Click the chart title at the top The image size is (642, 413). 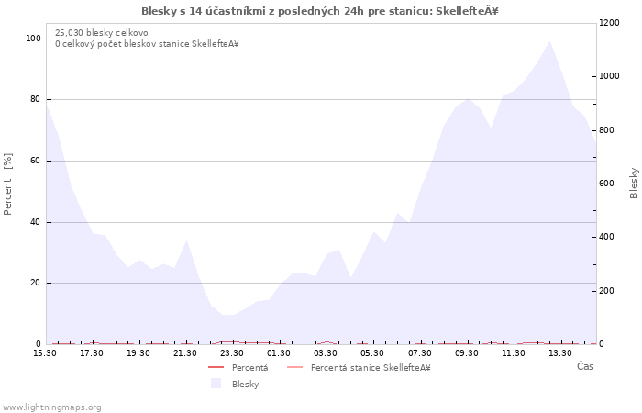[x=320, y=11]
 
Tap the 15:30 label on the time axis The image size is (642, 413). [x=45, y=352]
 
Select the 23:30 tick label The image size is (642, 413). [x=232, y=352]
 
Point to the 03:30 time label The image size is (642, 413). [x=326, y=352]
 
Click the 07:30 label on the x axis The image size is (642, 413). [x=420, y=352]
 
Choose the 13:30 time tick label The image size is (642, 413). [x=560, y=352]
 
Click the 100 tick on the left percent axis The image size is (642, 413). [x=34, y=39]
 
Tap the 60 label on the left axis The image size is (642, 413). [x=36, y=161]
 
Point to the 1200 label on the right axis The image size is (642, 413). [x=609, y=23]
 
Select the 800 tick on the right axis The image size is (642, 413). [x=607, y=130]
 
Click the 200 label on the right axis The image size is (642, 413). [x=607, y=291]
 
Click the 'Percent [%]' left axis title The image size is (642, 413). [x=7, y=184]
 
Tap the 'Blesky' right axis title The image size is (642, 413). [x=634, y=184]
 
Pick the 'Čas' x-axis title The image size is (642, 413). [x=585, y=366]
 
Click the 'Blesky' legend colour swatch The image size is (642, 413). [x=216, y=384]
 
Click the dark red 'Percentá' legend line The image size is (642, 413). [x=216, y=367]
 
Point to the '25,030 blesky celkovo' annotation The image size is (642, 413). [x=102, y=33]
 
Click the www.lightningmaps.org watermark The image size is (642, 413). [x=50, y=407]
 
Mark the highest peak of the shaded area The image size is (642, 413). [x=549, y=41]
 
